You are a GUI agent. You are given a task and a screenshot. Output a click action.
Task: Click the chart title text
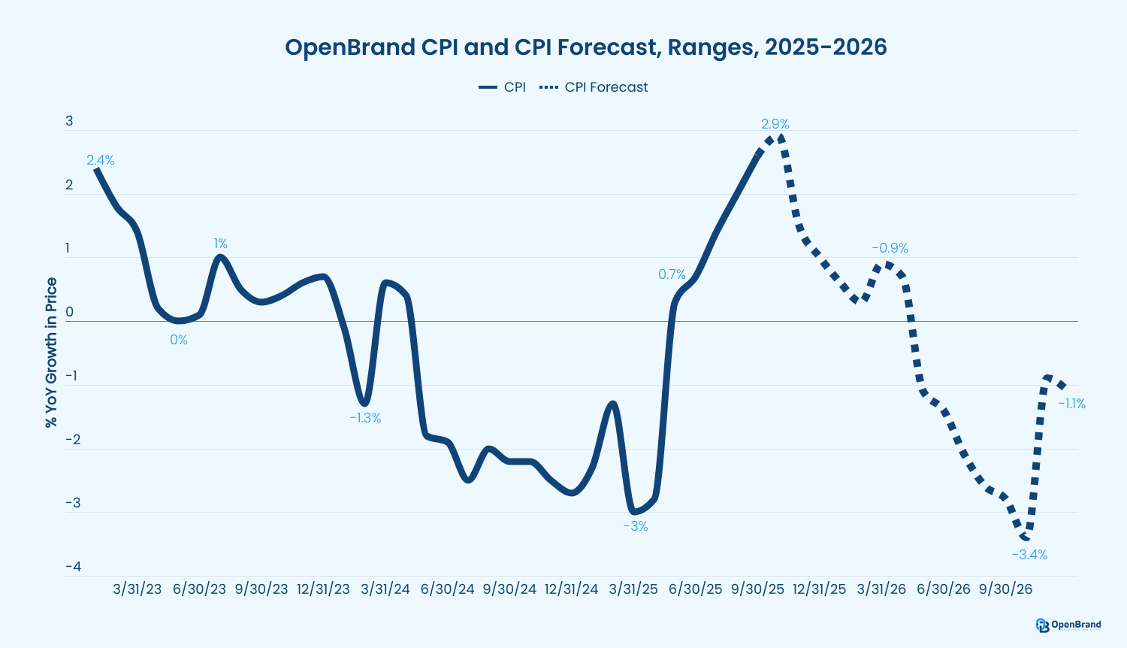coord(585,47)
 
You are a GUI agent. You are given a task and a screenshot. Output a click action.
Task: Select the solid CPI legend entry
coord(503,87)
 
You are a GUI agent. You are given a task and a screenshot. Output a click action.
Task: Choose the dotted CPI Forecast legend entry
coord(594,87)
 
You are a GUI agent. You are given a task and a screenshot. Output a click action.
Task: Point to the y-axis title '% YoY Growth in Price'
coord(51,353)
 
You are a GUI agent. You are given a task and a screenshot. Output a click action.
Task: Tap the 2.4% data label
coord(100,160)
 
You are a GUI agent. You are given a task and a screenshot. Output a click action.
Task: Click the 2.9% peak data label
coord(775,124)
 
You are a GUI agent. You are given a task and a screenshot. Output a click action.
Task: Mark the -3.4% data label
coord(1029,555)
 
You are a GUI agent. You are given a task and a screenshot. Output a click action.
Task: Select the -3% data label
coord(635,526)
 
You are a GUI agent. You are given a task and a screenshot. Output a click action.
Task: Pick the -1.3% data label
coord(365,418)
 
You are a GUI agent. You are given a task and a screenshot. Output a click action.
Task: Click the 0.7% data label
coord(672,274)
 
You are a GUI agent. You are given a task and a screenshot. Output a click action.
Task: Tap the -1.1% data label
coord(1071,404)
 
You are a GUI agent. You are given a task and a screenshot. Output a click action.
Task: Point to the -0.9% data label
coord(890,248)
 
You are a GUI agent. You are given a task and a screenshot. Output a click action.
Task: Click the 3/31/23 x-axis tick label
coord(137,589)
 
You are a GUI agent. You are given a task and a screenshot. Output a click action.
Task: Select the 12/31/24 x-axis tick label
coord(571,589)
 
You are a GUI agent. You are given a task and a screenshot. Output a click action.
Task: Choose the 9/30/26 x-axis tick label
coord(1005,589)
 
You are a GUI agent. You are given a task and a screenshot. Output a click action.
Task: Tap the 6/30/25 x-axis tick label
coord(695,589)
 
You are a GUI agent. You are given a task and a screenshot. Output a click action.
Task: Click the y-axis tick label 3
coord(70,121)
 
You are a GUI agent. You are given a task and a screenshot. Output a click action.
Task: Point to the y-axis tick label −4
coord(73,567)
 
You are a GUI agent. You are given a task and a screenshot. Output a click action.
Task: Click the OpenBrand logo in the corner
coord(1068,625)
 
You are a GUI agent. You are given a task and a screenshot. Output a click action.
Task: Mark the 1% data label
coord(220,244)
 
